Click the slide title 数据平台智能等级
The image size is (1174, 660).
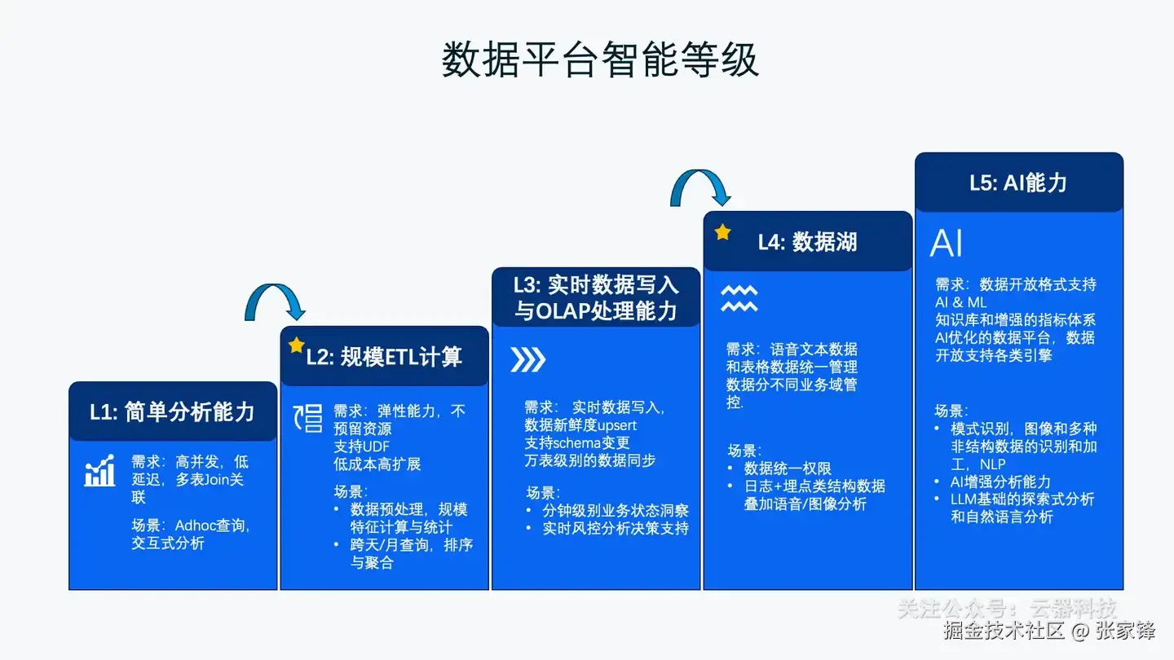point(600,60)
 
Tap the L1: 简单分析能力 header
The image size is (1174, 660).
point(172,411)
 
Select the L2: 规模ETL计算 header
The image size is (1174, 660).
point(384,356)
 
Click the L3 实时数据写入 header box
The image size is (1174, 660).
point(595,297)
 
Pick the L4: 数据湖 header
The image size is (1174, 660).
point(807,241)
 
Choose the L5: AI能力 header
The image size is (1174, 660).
point(1018,183)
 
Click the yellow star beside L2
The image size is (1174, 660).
point(296,345)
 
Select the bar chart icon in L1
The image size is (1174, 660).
point(100,471)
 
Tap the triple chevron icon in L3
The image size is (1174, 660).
point(527,360)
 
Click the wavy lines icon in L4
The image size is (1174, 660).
point(739,299)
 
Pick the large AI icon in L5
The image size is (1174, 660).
point(947,243)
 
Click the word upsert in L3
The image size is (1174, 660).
point(617,425)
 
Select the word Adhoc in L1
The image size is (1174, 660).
point(194,526)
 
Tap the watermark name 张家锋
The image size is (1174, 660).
point(1125,630)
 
